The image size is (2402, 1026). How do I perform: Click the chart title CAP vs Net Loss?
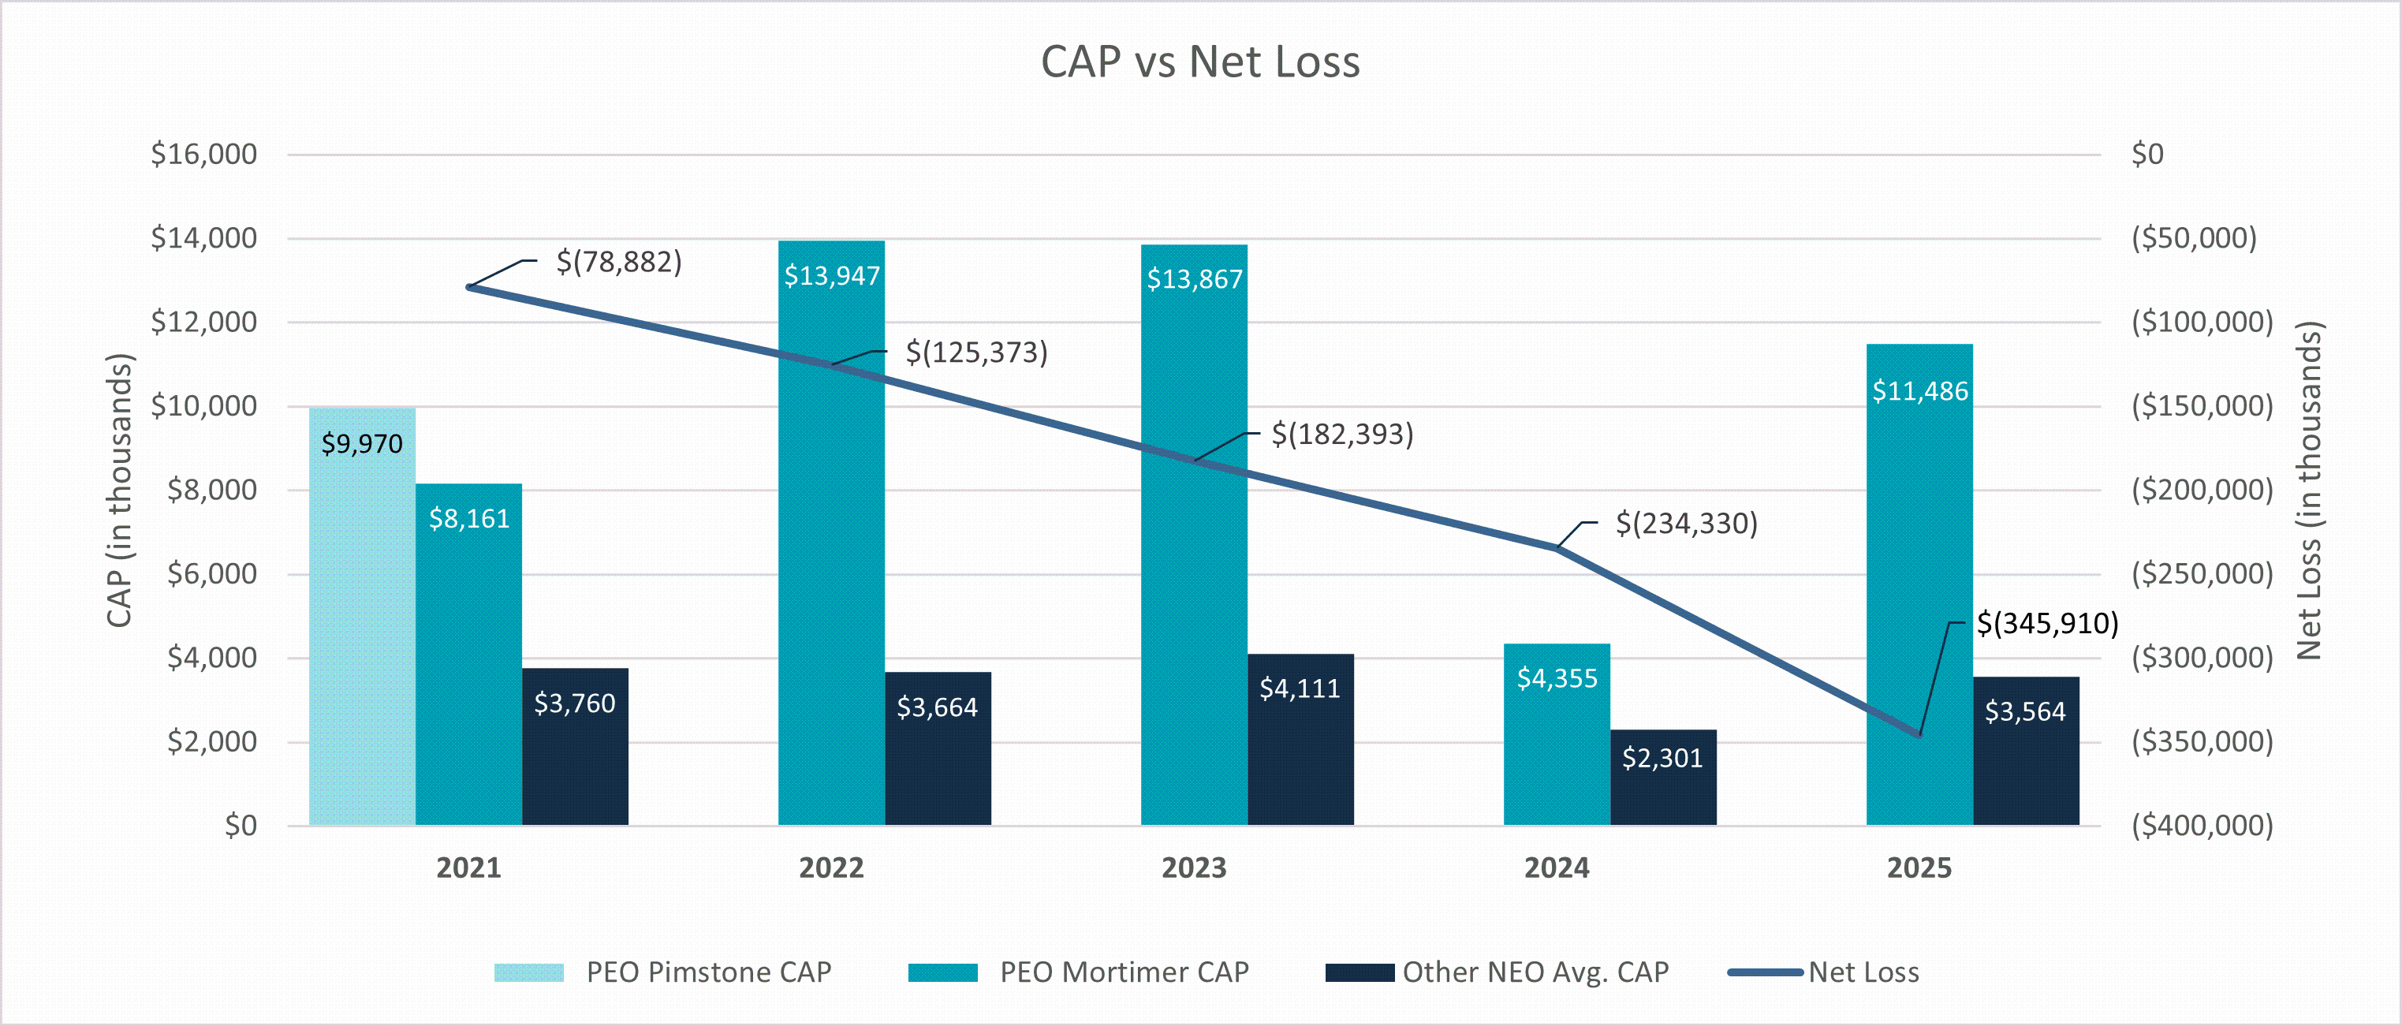(1200, 62)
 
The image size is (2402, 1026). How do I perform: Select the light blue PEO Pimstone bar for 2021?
(362, 617)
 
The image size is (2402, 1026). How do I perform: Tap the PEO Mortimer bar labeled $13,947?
(832, 532)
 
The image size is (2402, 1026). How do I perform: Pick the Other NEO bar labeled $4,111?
(1301, 740)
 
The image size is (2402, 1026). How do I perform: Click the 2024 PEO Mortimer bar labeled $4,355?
(1557, 734)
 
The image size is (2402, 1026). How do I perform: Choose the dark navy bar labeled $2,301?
(1663, 777)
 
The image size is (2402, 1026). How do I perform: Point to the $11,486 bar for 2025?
(1920, 585)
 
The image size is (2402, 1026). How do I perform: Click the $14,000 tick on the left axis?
(204, 238)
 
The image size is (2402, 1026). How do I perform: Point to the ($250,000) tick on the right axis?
(2202, 573)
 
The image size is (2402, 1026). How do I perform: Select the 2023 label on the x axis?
(1195, 868)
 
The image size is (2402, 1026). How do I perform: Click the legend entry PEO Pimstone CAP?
(663, 972)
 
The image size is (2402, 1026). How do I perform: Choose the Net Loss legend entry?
(1823, 972)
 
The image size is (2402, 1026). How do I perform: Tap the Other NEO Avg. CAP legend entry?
(1498, 972)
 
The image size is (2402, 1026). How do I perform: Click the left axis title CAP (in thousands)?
(119, 490)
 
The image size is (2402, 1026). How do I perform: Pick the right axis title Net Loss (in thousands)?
(2309, 491)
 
